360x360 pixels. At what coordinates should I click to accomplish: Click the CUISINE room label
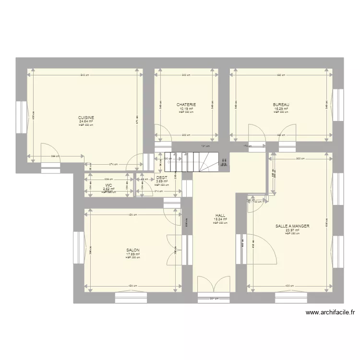[x=86, y=118]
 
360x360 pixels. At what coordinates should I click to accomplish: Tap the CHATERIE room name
[x=186, y=105]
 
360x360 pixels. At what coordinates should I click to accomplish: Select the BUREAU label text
[x=281, y=105]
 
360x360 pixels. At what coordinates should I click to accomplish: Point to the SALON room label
[x=133, y=251]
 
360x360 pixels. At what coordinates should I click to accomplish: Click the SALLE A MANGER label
[x=292, y=226]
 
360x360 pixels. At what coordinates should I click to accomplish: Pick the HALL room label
[x=220, y=216]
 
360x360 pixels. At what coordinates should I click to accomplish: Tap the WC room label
[x=109, y=185]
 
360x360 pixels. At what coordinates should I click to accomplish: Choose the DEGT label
[x=162, y=178]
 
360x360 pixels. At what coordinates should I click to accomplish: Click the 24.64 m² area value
[x=86, y=121]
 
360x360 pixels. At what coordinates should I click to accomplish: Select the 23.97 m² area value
[x=292, y=230]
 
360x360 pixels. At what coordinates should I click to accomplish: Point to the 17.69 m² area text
[x=133, y=254]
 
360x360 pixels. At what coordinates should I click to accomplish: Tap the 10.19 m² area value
[x=186, y=108]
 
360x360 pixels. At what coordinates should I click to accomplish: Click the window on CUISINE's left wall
[x=22, y=118]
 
